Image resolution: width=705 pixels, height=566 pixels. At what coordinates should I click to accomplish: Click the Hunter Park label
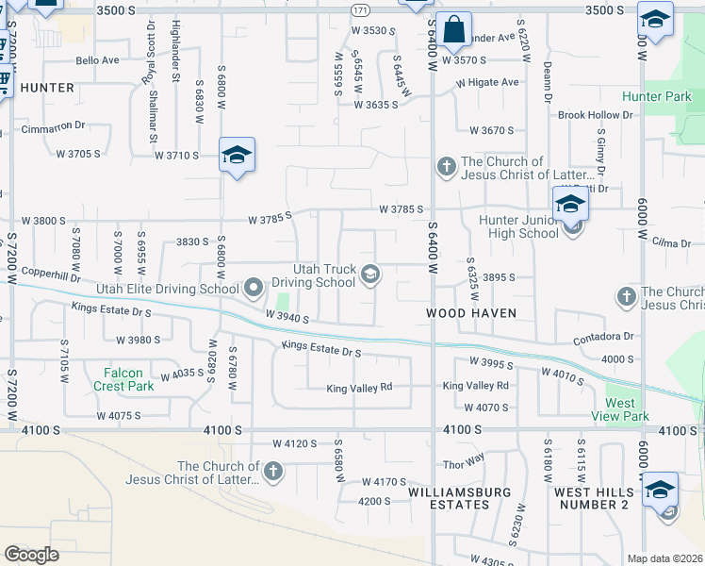tap(657, 97)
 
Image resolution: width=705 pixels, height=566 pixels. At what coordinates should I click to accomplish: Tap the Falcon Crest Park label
tap(123, 379)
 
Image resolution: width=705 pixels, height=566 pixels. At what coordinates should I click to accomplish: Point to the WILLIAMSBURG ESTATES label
tap(460, 498)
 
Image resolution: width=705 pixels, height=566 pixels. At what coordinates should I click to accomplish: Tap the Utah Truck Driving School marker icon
tap(370, 275)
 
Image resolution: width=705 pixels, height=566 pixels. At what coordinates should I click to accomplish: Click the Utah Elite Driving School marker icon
tap(253, 287)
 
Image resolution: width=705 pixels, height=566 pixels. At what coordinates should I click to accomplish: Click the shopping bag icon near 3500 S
tap(453, 29)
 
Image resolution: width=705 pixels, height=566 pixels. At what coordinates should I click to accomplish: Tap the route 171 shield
tap(360, 9)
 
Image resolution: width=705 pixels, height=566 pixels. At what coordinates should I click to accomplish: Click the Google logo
tap(31, 555)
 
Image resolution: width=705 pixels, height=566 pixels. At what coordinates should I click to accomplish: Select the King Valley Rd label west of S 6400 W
tap(358, 388)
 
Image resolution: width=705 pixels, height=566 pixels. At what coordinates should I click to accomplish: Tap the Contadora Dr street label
tap(602, 337)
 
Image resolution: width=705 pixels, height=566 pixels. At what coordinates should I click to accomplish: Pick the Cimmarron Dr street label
tap(54, 125)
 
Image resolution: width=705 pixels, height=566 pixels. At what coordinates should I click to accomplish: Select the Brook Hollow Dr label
tap(595, 115)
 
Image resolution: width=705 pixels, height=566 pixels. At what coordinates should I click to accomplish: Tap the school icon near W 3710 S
tap(237, 155)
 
